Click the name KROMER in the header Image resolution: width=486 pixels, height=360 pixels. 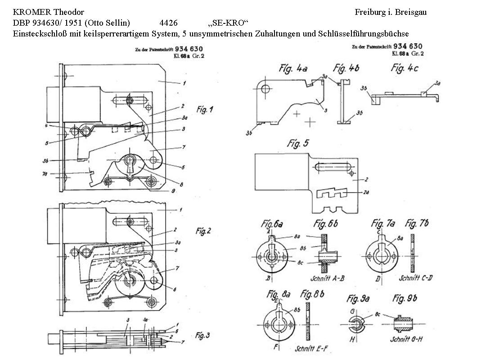coord(30,13)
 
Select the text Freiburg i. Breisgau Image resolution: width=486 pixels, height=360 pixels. coord(390,13)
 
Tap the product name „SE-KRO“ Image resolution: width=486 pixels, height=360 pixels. coord(229,23)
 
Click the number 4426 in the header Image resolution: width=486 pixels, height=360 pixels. coord(168,23)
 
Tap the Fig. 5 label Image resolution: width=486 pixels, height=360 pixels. coord(298,144)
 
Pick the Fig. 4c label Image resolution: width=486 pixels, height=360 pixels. coord(405,68)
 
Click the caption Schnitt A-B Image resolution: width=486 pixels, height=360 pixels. coord(328,278)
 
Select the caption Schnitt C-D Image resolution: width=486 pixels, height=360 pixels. coord(415,278)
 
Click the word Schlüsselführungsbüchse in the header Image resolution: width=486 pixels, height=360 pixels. coord(364,33)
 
